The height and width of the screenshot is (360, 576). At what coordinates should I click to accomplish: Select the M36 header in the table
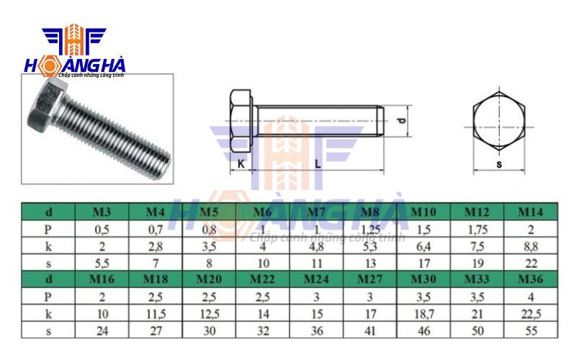[531, 279]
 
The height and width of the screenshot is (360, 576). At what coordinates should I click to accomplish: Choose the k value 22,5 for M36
[531, 313]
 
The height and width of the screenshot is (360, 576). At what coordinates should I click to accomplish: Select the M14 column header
[531, 212]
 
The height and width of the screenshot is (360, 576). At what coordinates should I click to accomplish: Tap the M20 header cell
[210, 279]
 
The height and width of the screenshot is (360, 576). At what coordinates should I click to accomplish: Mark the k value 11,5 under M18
[156, 313]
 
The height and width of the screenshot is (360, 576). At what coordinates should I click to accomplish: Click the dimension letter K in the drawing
[240, 164]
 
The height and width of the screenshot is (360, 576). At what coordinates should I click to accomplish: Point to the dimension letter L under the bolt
[318, 164]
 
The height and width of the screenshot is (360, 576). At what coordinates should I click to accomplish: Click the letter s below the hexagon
[499, 164]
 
